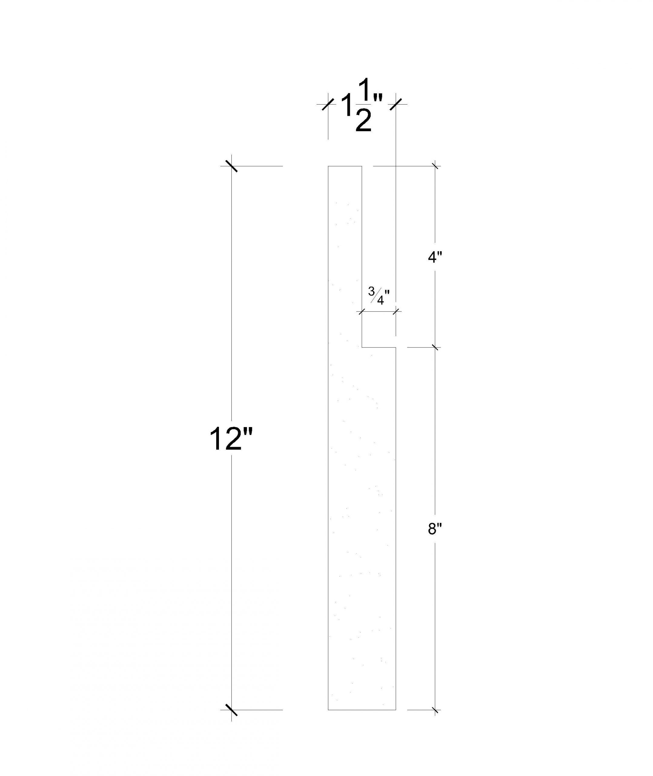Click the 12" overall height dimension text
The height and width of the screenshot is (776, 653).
[x=231, y=439]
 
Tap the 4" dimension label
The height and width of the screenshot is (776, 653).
[x=435, y=257]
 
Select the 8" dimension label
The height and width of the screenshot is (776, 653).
[x=435, y=530]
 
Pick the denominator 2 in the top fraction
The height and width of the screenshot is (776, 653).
[x=363, y=120]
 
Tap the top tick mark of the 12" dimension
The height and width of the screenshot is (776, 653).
[x=231, y=166]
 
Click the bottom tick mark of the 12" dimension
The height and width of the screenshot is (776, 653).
[x=231, y=710]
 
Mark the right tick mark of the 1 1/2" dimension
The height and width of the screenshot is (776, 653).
[x=396, y=104]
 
